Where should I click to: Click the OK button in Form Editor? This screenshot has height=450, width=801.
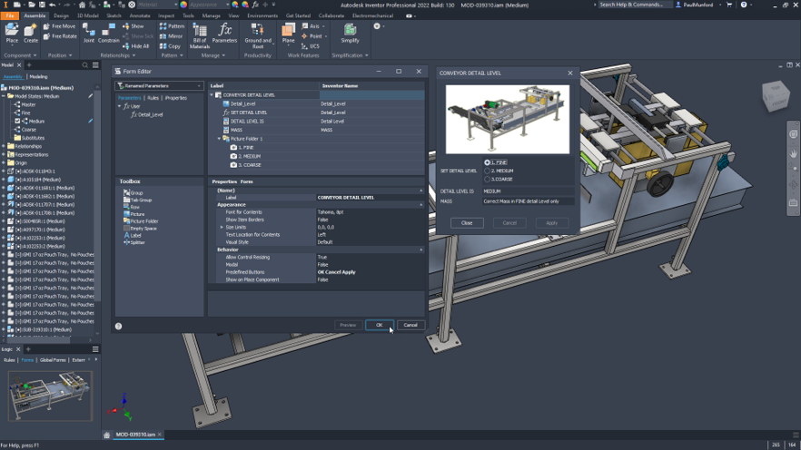tap(379, 325)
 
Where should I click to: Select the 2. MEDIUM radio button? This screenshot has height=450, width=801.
tap(488, 171)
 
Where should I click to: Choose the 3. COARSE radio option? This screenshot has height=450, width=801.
tap(488, 179)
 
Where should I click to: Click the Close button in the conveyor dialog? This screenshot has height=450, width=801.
tap(467, 222)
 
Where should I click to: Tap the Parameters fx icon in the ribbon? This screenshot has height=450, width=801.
tap(224, 30)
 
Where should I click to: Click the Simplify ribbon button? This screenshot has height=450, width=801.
tap(350, 34)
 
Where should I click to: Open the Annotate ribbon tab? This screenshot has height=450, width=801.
tap(140, 15)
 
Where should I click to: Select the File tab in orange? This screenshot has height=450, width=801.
tap(9, 15)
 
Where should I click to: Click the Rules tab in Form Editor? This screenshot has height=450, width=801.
tap(153, 98)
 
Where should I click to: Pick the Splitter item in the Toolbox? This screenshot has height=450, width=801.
tap(137, 242)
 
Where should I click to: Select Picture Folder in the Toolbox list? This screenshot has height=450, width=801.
tap(143, 221)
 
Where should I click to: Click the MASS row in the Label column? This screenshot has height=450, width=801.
tap(236, 130)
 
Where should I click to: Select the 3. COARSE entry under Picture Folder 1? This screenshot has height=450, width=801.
tap(250, 165)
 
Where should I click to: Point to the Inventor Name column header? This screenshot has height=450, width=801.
tap(340, 86)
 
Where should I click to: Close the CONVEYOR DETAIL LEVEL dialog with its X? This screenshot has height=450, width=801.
tap(570, 73)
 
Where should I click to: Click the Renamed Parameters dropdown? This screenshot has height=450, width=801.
tap(159, 86)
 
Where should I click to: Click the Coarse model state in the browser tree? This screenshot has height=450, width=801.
tap(29, 129)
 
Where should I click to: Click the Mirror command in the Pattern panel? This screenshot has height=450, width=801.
tap(174, 36)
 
